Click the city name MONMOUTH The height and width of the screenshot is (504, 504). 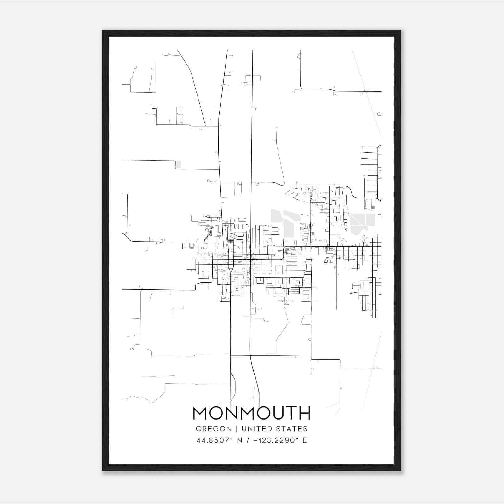point(251,413)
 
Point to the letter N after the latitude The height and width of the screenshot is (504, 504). point(240,440)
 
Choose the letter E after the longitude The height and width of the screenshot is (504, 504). point(305,440)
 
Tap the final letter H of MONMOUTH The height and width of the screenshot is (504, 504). point(305,413)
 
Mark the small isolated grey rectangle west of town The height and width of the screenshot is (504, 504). point(179,164)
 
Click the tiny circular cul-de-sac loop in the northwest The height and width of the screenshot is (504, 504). point(135,67)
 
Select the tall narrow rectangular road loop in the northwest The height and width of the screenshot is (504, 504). point(180,115)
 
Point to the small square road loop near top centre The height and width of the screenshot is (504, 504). point(248,79)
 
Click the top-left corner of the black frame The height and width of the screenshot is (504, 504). point(103,31)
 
